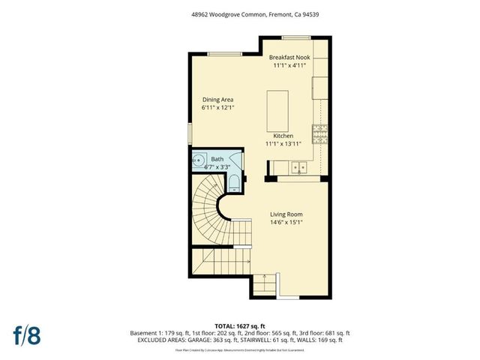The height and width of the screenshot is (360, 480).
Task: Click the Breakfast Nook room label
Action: tap(290, 57)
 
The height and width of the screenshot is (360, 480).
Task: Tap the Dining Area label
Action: tap(218, 100)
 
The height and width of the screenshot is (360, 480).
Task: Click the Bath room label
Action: tap(217, 159)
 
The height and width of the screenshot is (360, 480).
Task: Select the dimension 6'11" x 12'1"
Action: tap(218, 108)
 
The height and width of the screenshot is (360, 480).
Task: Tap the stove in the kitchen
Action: tap(320, 134)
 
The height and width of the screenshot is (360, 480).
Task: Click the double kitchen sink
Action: tap(298, 166)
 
